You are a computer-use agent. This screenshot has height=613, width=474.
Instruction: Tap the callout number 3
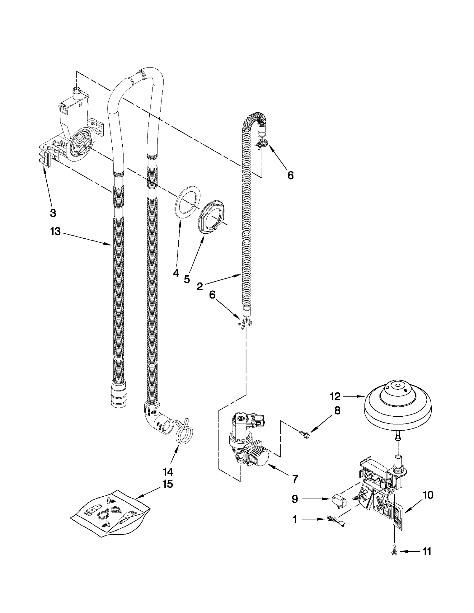coord(53,213)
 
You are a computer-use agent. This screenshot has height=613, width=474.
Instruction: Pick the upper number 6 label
coord(290,175)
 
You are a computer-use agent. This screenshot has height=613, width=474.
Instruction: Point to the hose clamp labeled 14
coord(184,433)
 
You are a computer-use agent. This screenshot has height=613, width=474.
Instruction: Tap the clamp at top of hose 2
coord(261,143)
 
